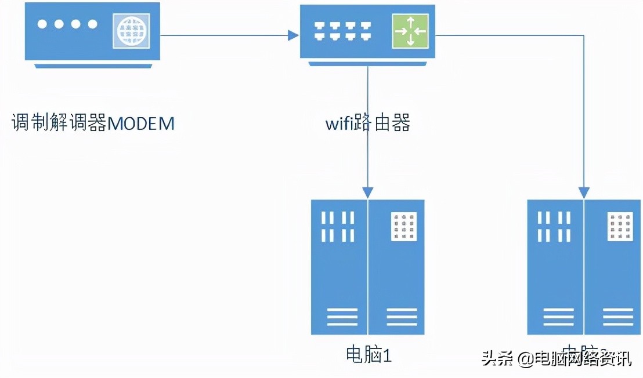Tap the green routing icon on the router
click(x=410, y=31)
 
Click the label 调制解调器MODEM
click(x=93, y=123)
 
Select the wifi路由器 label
click(x=367, y=123)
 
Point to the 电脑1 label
click(x=369, y=354)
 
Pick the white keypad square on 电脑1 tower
click(x=404, y=227)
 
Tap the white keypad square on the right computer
click(x=620, y=227)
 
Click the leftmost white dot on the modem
click(x=42, y=24)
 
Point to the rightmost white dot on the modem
click(x=92, y=24)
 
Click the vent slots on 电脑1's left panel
click(x=339, y=227)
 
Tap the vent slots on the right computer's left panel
click(x=555, y=227)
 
